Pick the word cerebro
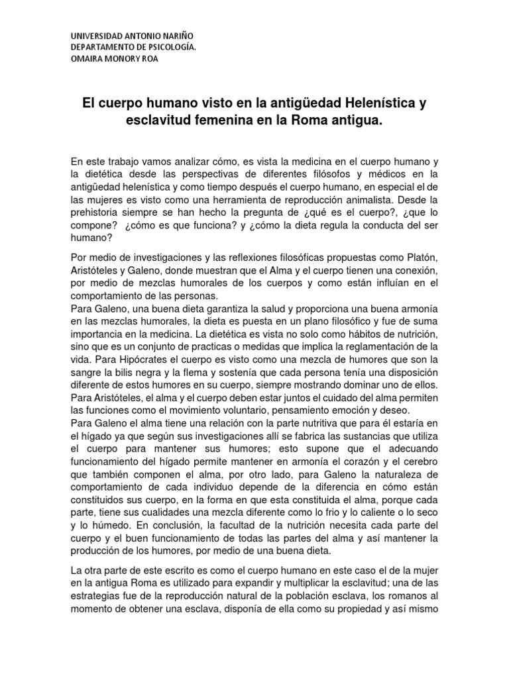pos(419,461)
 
